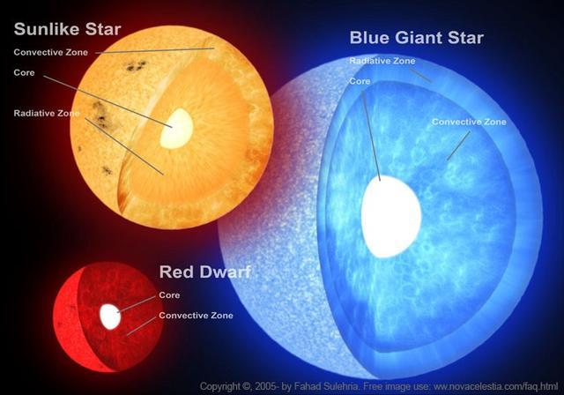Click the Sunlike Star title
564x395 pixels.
[x=67, y=29]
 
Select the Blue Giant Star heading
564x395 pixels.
[x=417, y=38]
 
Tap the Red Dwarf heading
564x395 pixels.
[x=204, y=272]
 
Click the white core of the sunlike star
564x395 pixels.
[x=176, y=129]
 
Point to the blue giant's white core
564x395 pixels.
[x=391, y=217]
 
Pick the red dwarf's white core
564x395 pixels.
[x=110, y=317]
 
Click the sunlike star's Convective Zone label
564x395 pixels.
[x=51, y=52]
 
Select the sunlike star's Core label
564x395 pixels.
[x=24, y=72]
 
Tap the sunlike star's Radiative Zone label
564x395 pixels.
[x=47, y=114]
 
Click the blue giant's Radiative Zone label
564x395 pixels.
[x=382, y=61]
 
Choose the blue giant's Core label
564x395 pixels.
[x=360, y=82]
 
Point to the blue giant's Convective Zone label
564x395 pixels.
[x=469, y=122]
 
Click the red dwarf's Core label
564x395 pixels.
[x=169, y=295]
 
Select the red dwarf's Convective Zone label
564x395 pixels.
[x=196, y=316]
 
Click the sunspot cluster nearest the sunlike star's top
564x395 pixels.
[x=136, y=66]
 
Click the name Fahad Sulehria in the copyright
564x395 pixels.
[x=326, y=387]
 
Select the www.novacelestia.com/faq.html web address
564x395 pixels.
[x=495, y=387]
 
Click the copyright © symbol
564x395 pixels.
[x=247, y=387]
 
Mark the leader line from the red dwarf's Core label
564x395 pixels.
[x=137, y=304]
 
